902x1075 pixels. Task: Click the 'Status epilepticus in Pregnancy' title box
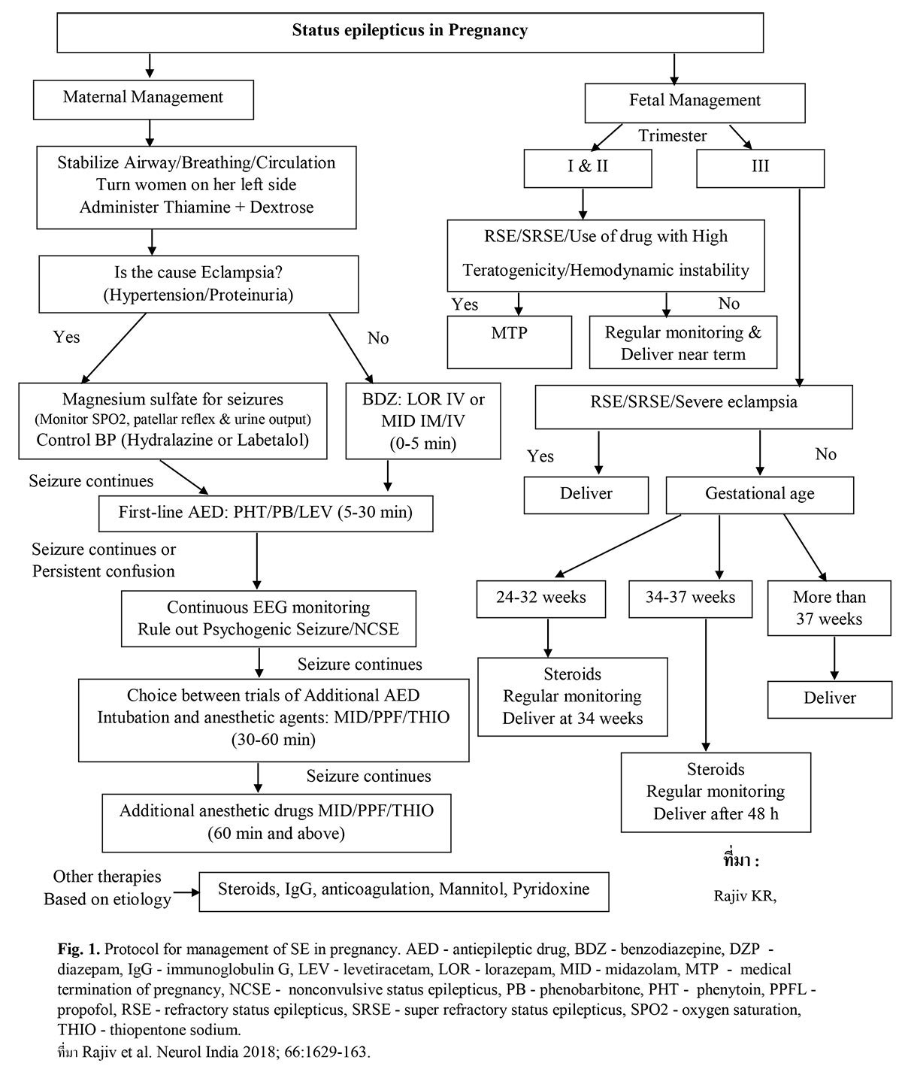tap(410, 32)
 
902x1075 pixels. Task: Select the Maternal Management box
tap(143, 97)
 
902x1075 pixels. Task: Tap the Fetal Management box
tap(695, 101)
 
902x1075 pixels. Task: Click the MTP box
tap(509, 341)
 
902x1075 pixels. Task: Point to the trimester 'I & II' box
tap(588, 166)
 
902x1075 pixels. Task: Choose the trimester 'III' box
tap(760, 166)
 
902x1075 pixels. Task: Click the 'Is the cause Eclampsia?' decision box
tap(198, 283)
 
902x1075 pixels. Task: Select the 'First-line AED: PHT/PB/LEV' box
tap(265, 513)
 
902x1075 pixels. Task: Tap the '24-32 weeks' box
tap(541, 598)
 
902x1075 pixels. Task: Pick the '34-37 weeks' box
tap(690, 598)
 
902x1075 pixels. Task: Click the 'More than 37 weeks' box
tap(829, 608)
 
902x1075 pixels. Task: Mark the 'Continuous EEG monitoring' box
tap(268, 618)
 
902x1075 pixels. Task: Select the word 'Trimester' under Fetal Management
tap(673, 136)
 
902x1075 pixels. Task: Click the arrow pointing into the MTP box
tap(518, 304)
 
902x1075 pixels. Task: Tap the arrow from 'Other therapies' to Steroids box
tap(186, 892)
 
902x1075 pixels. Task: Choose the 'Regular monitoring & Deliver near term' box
tap(683, 343)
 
